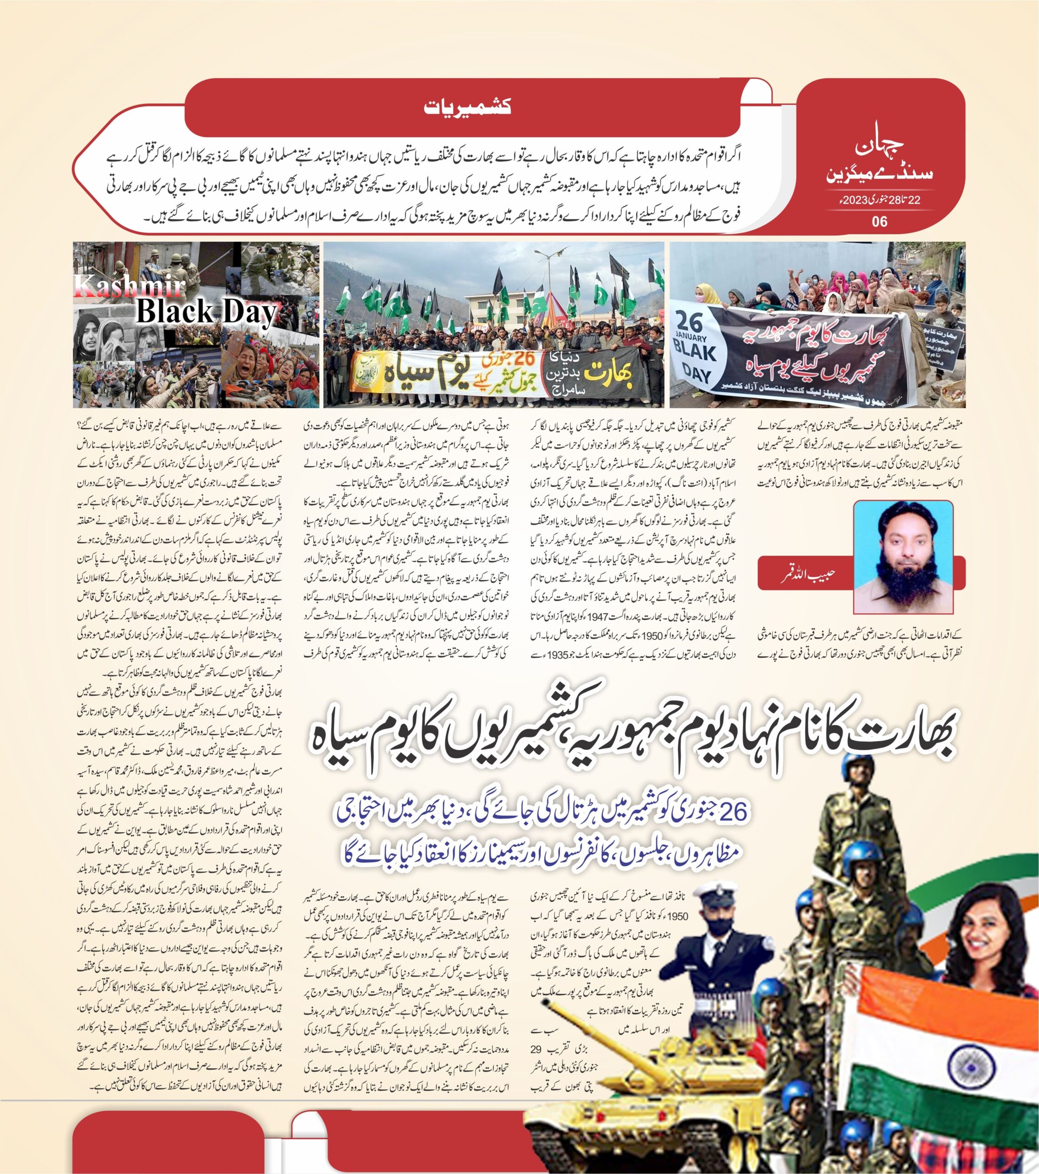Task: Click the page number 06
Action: coord(879,221)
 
